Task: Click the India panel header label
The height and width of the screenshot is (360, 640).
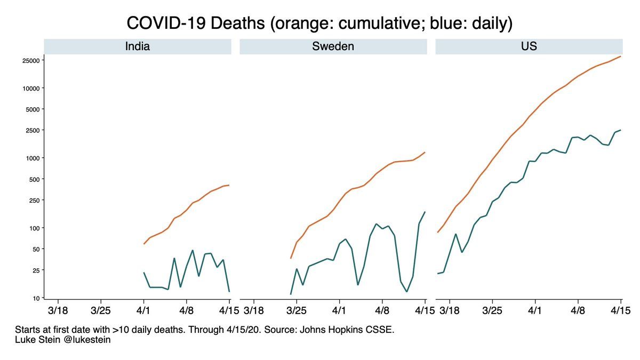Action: (137, 46)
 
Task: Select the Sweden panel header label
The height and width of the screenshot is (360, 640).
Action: (333, 46)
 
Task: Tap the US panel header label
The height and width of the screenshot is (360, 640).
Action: (529, 46)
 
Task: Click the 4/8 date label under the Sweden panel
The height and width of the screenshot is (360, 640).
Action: (382, 309)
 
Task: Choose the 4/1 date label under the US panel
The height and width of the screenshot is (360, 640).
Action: (535, 309)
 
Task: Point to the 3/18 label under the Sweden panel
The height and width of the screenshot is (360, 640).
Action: (253, 309)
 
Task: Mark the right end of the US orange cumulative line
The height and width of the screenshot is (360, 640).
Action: (621, 56)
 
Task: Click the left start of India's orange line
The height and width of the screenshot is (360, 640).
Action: (144, 244)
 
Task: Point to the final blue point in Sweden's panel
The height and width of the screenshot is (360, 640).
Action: (425, 212)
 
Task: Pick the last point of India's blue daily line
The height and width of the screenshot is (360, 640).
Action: (229, 291)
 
